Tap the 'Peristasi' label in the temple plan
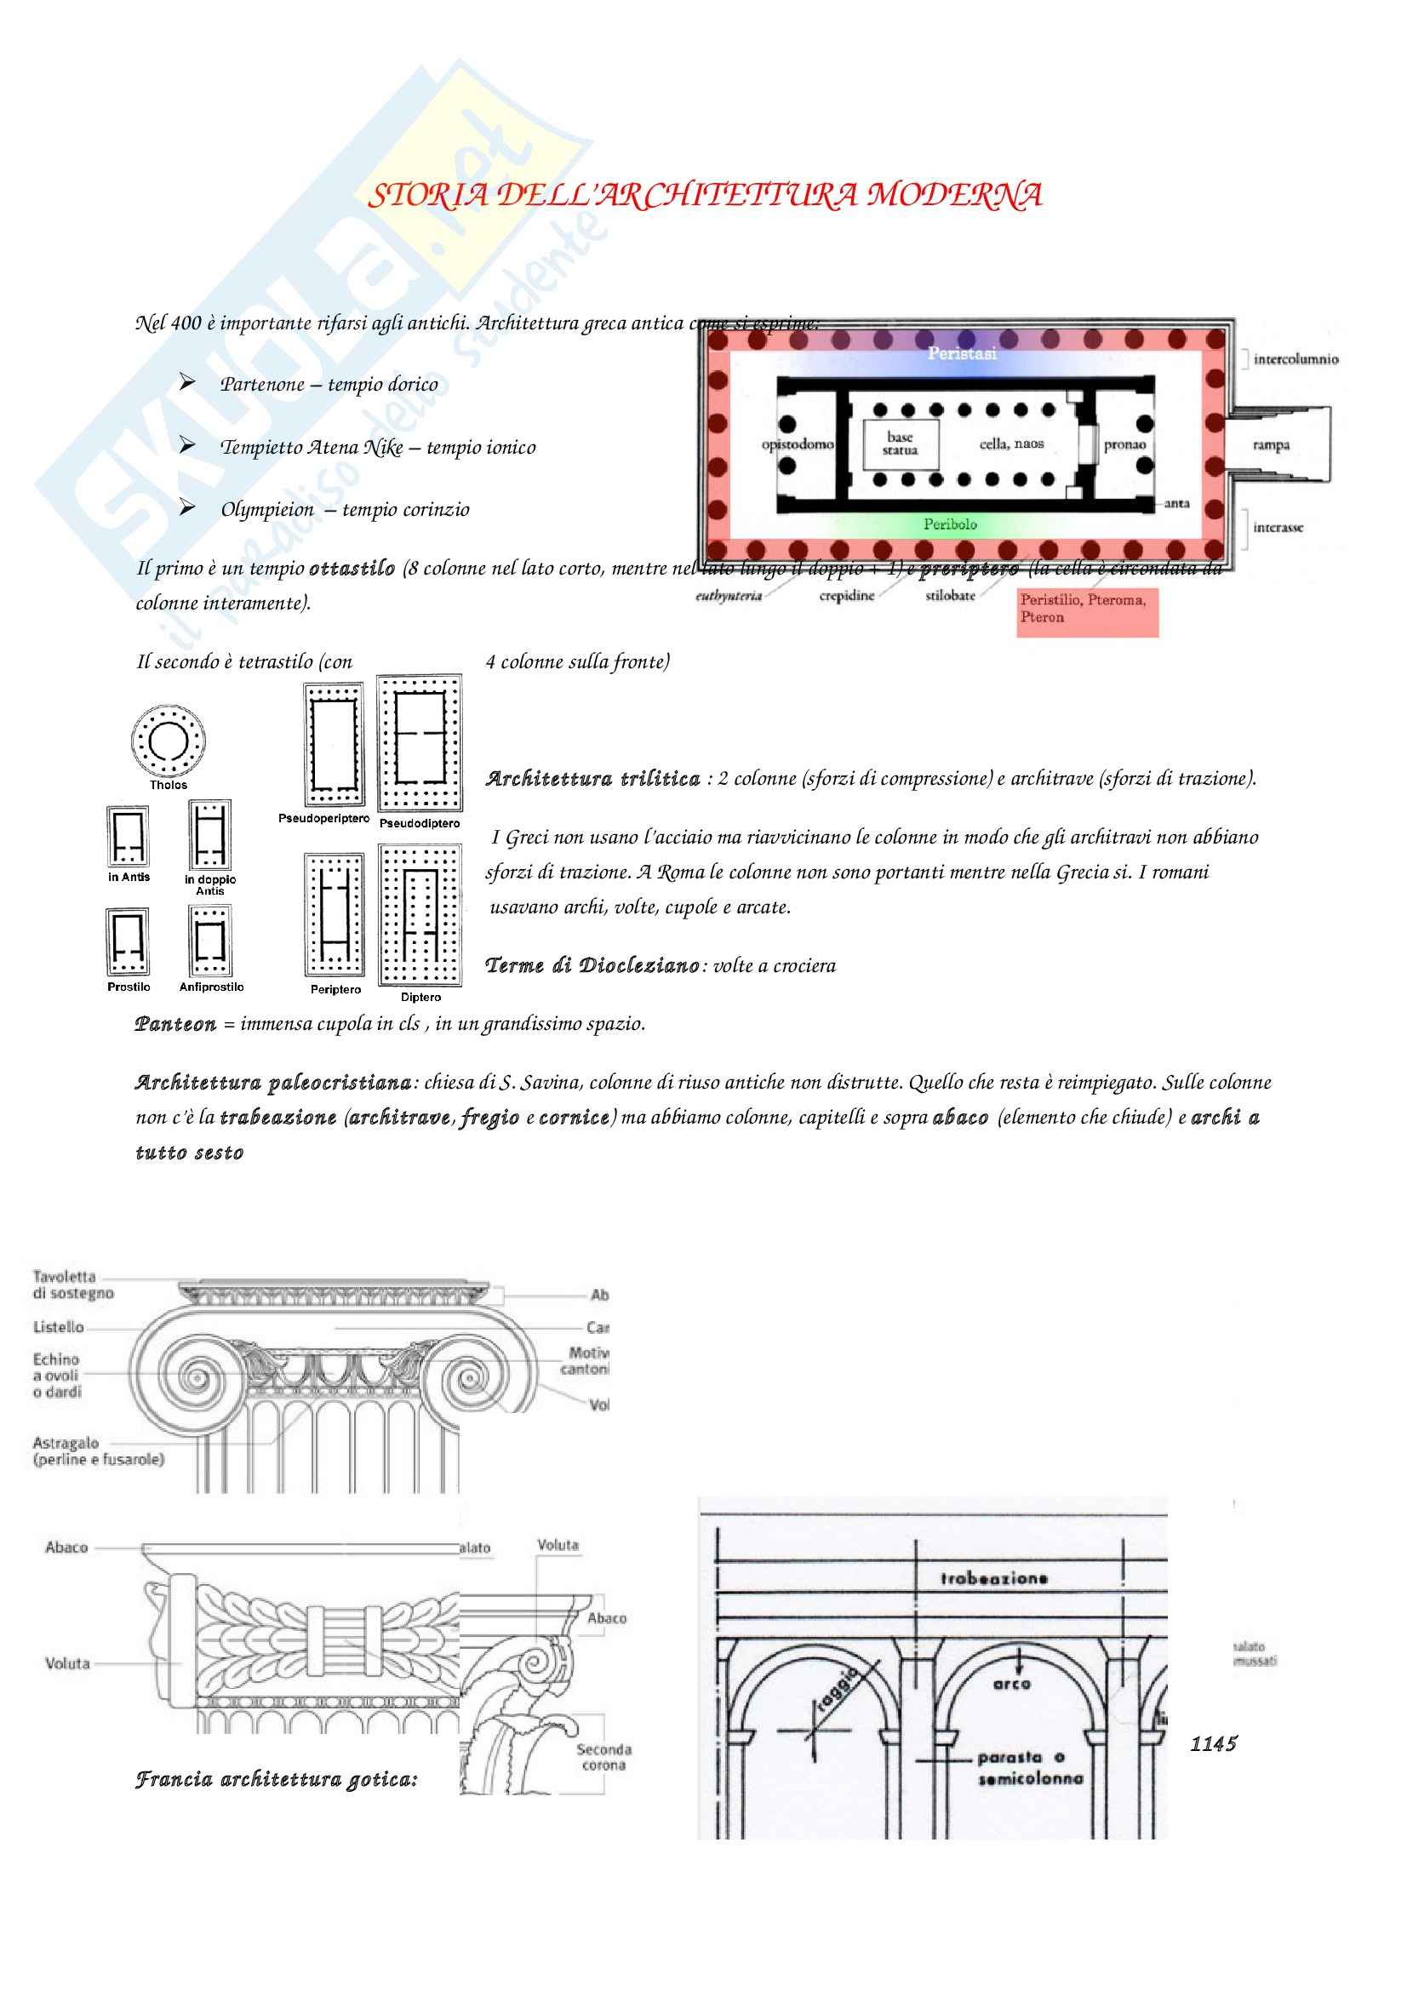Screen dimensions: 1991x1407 point(961,353)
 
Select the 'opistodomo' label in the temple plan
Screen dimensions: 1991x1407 point(797,444)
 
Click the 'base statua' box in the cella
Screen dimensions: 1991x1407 point(900,444)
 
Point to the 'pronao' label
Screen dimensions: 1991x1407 point(1124,445)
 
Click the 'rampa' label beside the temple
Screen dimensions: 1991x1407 point(1271,445)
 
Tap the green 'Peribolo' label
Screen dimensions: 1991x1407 point(950,523)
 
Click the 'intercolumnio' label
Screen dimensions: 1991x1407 point(1295,359)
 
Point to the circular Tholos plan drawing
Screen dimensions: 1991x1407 point(169,741)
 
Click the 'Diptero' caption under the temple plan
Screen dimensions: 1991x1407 point(420,998)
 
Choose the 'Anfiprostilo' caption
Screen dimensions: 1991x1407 point(212,987)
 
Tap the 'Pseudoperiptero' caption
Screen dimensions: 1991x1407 point(323,818)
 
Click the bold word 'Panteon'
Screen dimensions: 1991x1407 point(176,1024)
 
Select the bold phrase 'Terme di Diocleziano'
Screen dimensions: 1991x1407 point(592,965)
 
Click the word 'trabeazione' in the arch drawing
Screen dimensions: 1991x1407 point(993,1578)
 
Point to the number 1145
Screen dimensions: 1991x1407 point(1214,1744)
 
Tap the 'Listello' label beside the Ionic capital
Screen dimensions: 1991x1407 point(58,1327)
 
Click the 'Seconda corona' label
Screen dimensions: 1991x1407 point(604,1757)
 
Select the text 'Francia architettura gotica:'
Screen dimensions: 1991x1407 point(276,1779)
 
